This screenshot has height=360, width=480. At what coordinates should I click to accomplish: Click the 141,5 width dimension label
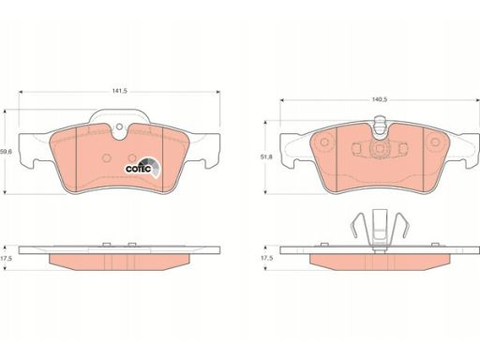pyautogui.click(x=120, y=91)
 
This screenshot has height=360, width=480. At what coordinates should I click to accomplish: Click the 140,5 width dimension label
pyautogui.click(x=380, y=99)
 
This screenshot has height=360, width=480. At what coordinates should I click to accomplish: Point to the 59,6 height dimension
pyautogui.click(x=6, y=152)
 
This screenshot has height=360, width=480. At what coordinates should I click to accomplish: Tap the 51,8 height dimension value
pyautogui.click(x=266, y=157)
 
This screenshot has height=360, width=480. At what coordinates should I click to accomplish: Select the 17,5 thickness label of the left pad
pyautogui.click(x=6, y=259)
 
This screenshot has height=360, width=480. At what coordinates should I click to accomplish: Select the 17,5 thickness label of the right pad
pyautogui.click(x=266, y=259)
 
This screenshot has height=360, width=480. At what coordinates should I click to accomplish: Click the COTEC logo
pyautogui.click(x=142, y=168)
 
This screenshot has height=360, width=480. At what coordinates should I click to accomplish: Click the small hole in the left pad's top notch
pyautogui.click(x=119, y=127)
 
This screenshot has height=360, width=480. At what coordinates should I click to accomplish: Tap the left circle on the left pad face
pyautogui.click(x=106, y=157)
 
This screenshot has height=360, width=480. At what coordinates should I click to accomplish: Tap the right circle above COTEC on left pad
pyautogui.click(x=132, y=157)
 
